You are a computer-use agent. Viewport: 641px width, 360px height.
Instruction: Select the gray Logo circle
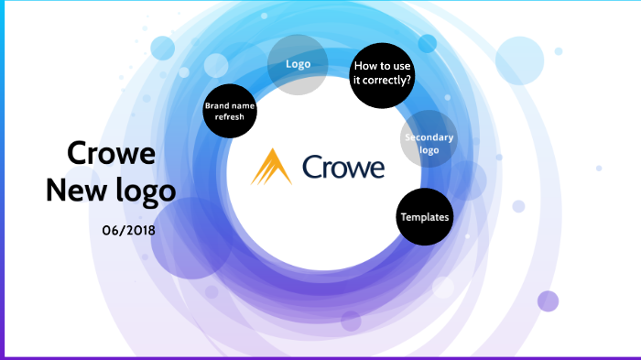pos(297,65)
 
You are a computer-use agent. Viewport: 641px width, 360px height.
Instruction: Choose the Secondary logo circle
pos(429,144)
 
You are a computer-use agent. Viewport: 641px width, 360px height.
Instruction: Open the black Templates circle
pos(425,217)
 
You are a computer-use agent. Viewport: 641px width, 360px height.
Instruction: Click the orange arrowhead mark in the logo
pos(271,168)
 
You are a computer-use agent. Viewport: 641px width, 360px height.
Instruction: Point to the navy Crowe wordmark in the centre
pos(342,168)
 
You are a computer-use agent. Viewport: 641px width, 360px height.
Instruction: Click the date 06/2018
pos(129,230)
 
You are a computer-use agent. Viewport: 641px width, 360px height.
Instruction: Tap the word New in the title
pos(74,191)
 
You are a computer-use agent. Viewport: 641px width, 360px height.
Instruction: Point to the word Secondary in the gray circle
pos(429,137)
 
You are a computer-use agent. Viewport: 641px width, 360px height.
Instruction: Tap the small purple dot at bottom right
pos(548,301)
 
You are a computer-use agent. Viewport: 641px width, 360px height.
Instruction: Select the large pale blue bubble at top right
pos(520,60)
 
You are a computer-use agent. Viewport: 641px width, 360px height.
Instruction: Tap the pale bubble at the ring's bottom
pos(351,321)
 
